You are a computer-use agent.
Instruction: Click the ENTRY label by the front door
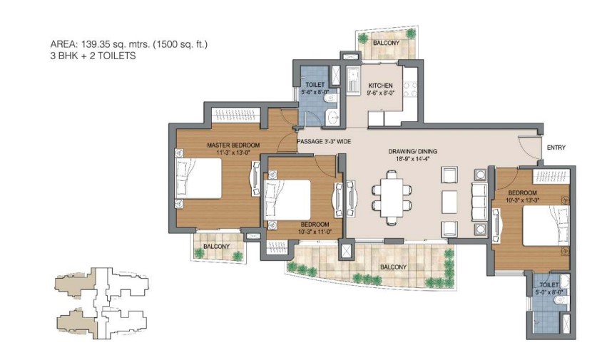pyautogui.click(x=556, y=148)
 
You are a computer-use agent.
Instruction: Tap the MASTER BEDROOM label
pyautogui.click(x=233, y=145)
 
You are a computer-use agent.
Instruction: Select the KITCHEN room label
pyautogui.click(x=380, y=86)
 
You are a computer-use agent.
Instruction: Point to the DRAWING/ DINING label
pyautogui.click(x=412, y=151)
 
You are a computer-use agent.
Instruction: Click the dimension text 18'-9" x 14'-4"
pyautogui.click(x=412, y=158)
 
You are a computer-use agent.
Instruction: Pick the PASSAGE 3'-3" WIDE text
pyautogui.click(x=324, y=141)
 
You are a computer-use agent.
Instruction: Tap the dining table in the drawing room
pyautogui.click(x=392, y=197)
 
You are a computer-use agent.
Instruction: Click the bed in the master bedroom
pyautogui.click(x=198, y=178)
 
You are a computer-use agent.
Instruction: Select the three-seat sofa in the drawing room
pyautogui.click(x=479, y=202)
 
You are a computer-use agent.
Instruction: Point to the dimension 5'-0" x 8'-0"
pyautogui.click(x=549, y=292)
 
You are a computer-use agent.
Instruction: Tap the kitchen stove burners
pyautogui.click(x=410, y=89)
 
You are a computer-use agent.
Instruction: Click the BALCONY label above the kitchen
pyautogui.click(x=386, y=43)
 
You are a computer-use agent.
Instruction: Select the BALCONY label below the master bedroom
pyautogui.click(x=217, y=247)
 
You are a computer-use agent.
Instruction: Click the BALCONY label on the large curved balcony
pyautogui.click(x=393, y=267)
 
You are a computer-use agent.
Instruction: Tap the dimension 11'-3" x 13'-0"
pyautogui.click(x=233, y=153)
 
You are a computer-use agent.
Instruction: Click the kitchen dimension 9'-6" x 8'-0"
pyautogui.click(x=380, y=93)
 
